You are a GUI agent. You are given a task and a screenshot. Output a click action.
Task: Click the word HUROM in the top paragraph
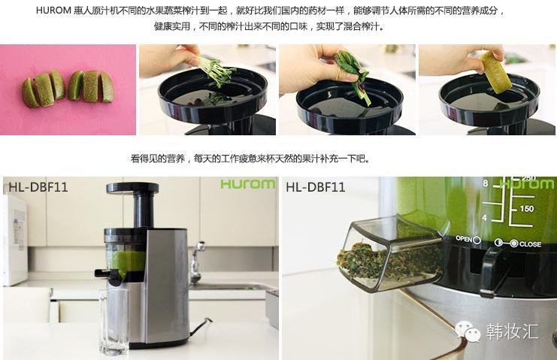(53, 11)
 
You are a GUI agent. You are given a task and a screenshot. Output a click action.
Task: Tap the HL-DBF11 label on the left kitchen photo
(38, 187)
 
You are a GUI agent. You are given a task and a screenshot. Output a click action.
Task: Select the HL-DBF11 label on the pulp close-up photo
(315, 187)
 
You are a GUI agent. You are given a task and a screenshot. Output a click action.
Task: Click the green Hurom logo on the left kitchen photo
(247, 184)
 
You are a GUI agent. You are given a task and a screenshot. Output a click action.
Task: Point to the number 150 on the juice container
(527, 208)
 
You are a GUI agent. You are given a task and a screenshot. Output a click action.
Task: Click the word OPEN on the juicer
(464, 238)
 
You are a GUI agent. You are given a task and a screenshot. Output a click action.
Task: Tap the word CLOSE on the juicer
(530, 244)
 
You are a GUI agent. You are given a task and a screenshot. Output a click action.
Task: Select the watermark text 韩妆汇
(513, 331)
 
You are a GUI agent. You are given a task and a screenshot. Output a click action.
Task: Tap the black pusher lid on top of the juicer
(132, 188)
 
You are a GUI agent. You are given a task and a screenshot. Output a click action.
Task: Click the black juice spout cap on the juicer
(114, 277)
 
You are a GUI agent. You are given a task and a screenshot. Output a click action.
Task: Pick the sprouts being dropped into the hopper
(215, 73)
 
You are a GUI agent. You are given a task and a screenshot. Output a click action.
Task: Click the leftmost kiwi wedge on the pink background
(30, 93)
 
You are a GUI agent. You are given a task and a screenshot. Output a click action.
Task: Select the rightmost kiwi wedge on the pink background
(107, 87)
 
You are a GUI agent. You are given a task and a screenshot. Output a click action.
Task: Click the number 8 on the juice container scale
(486, 183)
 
